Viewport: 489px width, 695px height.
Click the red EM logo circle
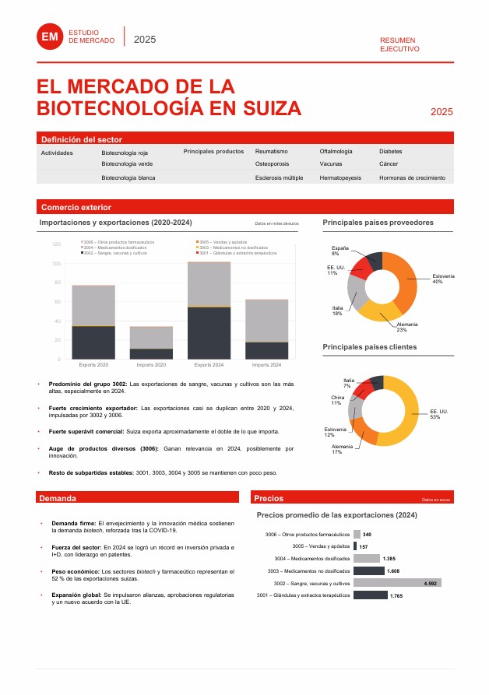(51, 36)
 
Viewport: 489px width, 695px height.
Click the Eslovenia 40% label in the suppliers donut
(443, 279)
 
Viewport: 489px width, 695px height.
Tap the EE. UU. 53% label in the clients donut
(439, 414)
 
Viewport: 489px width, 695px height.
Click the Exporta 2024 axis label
(209, 364)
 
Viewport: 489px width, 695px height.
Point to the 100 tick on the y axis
(56, 263)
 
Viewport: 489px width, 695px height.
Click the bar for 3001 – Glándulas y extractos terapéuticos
(370, 595)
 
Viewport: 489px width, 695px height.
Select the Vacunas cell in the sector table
(330, 164)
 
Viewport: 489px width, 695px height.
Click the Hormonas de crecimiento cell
(412, 178)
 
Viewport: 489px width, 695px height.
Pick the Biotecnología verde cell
(127, 164)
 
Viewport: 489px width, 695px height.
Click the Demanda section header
(58, 498)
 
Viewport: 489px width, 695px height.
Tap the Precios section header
(269, 498)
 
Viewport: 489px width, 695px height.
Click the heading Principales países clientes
(369, 346)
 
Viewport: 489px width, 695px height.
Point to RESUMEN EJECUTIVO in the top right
(399, 44)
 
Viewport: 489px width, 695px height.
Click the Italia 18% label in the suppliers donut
(337, 311)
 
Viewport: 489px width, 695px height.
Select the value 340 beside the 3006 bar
(367, 535)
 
